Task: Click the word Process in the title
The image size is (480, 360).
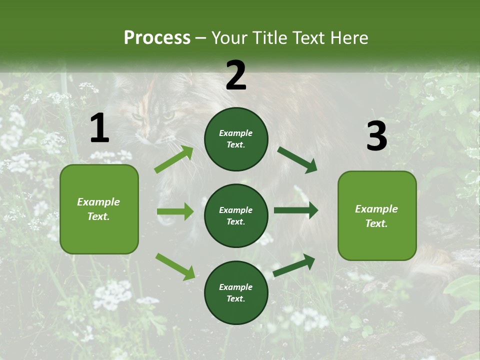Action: pos(157,37)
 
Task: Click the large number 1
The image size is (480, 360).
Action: pos(99,128)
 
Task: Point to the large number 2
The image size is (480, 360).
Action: pos(236,75)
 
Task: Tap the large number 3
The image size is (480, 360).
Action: pos(376,136)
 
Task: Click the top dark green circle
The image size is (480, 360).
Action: pos(236,139)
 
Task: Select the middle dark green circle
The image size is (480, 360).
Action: pos(236,215)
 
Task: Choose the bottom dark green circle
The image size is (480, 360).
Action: pos(236,292)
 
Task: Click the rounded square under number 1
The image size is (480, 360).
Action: pos(99,209)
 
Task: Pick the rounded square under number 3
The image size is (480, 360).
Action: pos(377,215)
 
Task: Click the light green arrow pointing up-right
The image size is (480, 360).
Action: pos(173,159)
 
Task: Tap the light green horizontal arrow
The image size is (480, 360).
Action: pos(175,211)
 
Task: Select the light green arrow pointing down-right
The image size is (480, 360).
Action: pos(175,266)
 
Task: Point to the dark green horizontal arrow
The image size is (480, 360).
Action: pos(296,210)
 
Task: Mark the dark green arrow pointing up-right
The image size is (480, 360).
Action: pos(294,265)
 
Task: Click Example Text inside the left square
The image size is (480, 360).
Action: pos(98,209)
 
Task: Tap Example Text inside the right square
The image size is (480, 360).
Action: pos(376,216)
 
